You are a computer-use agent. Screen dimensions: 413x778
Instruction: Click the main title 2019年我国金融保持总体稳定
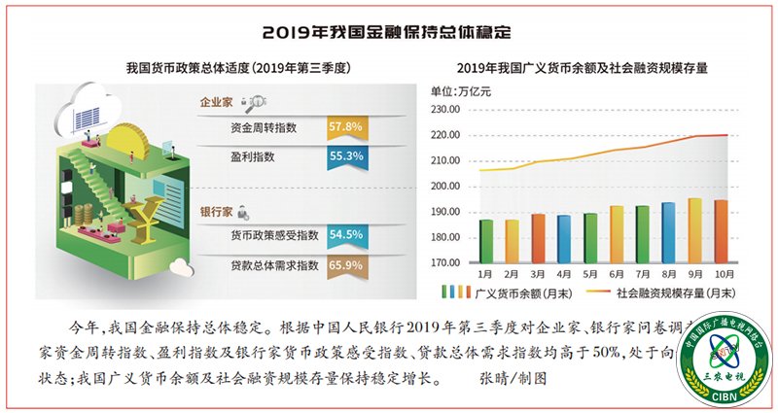click(388, 31)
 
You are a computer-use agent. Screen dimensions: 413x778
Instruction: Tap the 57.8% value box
click(345, 127)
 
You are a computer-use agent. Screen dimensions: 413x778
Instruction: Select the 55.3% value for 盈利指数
click(345, 155)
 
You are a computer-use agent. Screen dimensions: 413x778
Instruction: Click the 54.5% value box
click(345, 234)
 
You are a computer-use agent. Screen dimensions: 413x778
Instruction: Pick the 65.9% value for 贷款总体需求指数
click(345, 263)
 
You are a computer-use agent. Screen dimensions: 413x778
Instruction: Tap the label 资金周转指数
click(263, 127)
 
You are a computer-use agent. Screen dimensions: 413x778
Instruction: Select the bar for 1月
click(485, 241)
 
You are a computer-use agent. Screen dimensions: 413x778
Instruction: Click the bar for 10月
click(722, 231)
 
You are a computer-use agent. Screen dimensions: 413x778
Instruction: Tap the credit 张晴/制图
click(516, 375)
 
